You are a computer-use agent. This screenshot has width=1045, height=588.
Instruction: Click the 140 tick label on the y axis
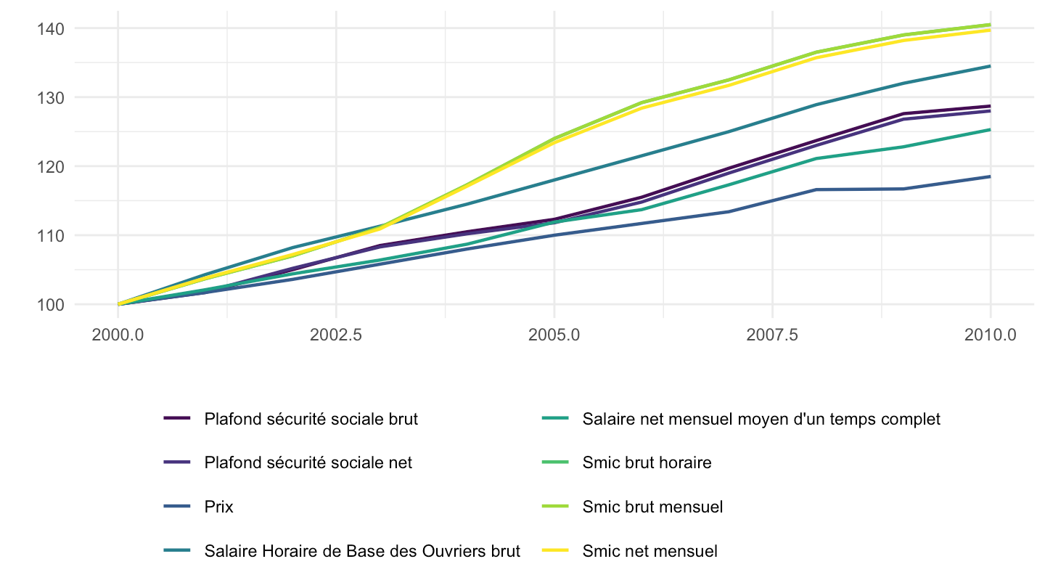point(50,29)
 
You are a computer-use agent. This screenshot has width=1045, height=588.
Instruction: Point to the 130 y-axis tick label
point(50,98)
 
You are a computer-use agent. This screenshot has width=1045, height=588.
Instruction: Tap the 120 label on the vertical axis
point(50,167)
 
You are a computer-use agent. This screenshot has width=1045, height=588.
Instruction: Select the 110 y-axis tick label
point(50,236)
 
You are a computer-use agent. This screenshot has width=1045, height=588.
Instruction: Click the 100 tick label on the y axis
point(50,305)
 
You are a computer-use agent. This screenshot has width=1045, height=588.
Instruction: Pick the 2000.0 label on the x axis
point(118,335)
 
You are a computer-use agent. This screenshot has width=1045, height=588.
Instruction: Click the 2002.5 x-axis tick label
point(336,335)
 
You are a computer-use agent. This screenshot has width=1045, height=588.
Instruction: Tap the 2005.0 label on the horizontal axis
point(554,335)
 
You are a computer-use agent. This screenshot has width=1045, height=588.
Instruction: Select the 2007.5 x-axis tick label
point(772,335)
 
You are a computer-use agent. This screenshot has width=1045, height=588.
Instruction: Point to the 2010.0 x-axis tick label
point(991,335)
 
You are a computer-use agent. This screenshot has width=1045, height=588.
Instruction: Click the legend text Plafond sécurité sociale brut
point(311,419)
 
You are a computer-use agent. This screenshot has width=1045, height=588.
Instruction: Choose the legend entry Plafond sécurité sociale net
point(308,463)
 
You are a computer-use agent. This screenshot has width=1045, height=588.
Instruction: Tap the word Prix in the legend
point(219,507)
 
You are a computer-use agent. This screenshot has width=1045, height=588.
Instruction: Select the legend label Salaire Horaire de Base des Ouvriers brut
point(363,551)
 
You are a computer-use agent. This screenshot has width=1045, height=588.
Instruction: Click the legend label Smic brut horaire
point(647,463)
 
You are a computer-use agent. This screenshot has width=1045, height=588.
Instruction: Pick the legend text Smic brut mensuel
point(652,507)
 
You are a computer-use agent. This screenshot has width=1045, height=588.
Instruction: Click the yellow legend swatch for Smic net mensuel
point(555,551)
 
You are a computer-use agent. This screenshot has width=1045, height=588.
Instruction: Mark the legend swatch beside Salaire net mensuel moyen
point(555,418)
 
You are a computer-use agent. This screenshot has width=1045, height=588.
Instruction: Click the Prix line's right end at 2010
point(990,176)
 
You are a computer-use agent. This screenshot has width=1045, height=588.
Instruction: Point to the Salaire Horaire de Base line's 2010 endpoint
point(990,66)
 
